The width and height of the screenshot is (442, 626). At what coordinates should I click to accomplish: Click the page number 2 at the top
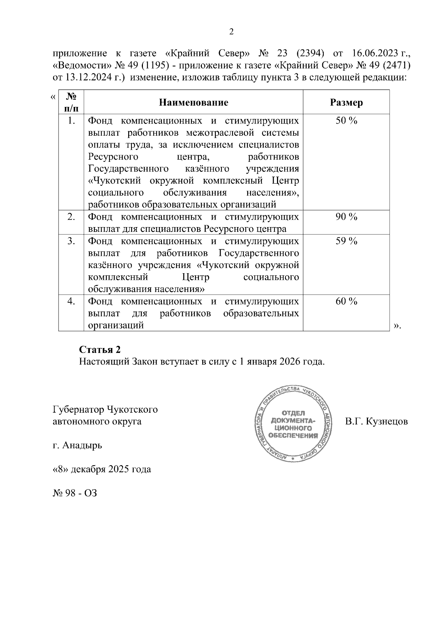(x=231, y=32)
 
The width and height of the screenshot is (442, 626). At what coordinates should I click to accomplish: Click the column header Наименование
(x=193, y=102)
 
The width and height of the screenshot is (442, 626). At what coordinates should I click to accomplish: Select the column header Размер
(x=346, y=102)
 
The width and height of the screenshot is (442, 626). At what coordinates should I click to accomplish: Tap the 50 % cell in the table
(x=346, y=121)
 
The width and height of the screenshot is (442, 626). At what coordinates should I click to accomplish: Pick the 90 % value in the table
(x=346, y=217)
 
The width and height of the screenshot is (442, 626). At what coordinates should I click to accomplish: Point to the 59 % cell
(x=346, y=241)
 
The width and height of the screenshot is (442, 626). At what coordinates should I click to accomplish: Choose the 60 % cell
(x=346, y=301)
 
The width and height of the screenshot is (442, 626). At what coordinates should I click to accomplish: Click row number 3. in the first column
(x=71, y=241)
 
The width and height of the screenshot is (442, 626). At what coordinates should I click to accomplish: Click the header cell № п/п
(x=71, y=102)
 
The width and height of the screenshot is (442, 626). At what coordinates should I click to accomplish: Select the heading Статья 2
(x=100, y=349)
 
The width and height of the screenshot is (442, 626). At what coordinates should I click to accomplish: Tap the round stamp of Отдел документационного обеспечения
(x=294, y=424)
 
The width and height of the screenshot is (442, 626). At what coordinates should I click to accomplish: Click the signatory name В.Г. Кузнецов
(x=376, y=421)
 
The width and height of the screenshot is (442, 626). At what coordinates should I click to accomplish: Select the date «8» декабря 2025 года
(x=102, y=469)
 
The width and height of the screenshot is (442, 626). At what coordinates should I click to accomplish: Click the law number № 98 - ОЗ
(x=75, y=493)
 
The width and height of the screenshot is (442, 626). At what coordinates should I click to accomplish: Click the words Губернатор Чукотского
(x=105, y=409)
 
